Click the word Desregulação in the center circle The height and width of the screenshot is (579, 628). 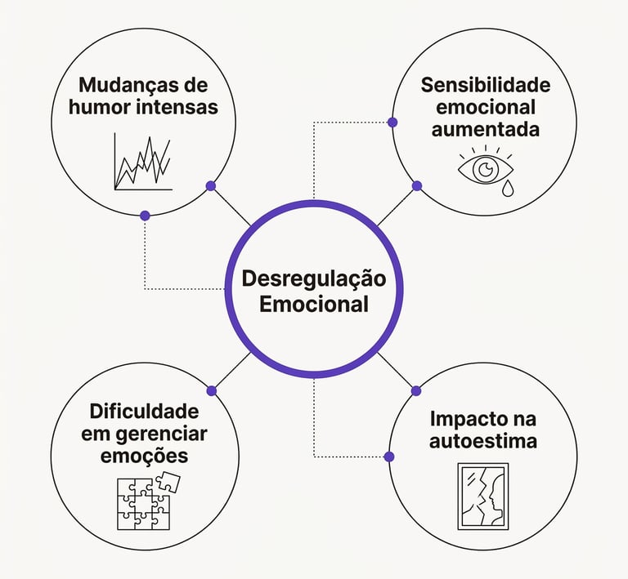(x=314, y=278)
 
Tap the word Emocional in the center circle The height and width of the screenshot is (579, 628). (x=314, y=305)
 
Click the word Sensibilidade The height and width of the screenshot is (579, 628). (x=486, y=85)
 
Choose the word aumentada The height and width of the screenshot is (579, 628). (x=486, y=129)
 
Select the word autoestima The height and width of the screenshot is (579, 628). (x=486, y=442)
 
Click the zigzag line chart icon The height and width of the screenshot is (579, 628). (x=144, y=163)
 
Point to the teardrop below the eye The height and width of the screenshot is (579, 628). (x=508, y=189)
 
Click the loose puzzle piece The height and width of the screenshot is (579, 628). (x=168, y=482)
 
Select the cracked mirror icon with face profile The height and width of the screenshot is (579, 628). (x=481, y=496)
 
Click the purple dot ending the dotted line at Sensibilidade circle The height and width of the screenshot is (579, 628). (x=392, y=122)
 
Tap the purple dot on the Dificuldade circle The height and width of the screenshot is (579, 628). (x=211, y=390)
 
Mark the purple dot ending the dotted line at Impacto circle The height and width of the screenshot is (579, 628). (x=389, y=456)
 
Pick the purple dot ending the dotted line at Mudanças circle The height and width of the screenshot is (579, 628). (x=146, y=216)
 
